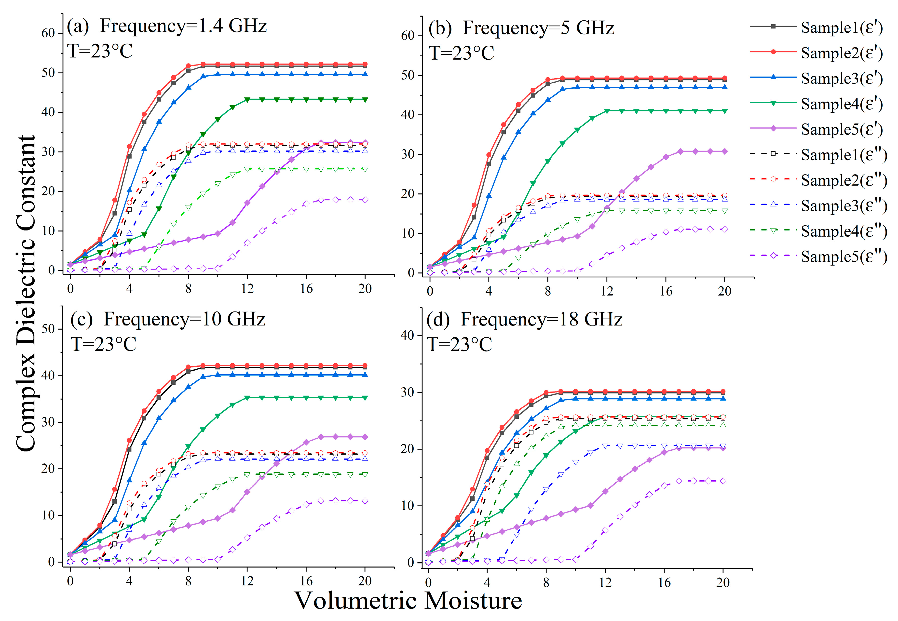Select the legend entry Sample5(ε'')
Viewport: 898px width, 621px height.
point(844,256)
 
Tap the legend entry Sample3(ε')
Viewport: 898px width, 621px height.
point(842,78)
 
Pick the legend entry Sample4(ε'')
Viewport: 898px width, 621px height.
point(844,231)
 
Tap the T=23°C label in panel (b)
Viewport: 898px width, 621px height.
point(462,53)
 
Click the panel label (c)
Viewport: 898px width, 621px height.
point(81,319)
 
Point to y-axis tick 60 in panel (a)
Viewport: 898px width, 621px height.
point(48,33)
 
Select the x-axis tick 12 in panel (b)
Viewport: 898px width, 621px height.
point(607,291)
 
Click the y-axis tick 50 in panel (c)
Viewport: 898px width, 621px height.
point(48,329)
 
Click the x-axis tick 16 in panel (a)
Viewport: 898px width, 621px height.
point(306,289)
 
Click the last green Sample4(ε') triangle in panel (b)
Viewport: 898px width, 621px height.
point(724,111)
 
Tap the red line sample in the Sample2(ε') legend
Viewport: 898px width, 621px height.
point(773,52)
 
